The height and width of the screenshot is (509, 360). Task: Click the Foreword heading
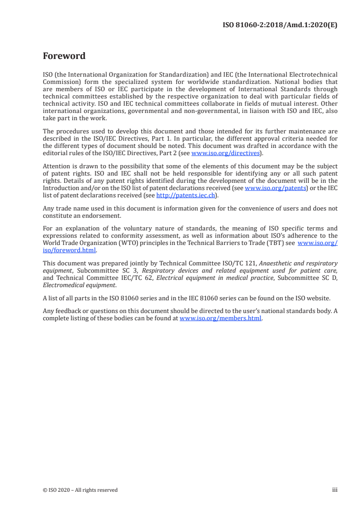[x=64, y=56]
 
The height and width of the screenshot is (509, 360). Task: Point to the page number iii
[x=335, y=489]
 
